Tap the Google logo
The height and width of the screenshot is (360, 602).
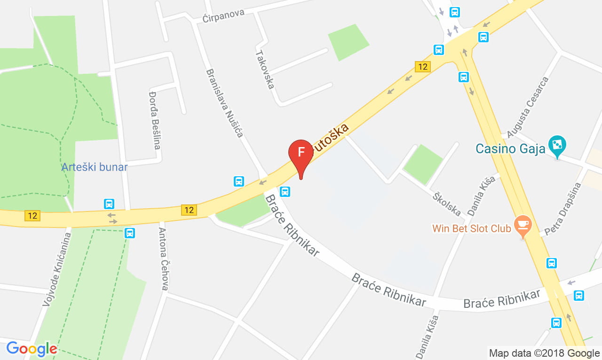click(32, 349)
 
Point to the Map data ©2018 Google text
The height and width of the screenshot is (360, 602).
click(544, 353)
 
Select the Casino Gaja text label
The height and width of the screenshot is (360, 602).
click(510, 149)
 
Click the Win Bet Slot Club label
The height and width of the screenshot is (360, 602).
click(472, 229)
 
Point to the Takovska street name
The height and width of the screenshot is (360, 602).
click(264, 69)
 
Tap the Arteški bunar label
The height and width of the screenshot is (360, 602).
click(95, 167)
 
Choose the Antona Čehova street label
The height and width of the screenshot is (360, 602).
click(163, 258)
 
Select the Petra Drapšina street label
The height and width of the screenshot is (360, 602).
click(563, 209)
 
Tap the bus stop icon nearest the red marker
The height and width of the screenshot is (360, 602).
click(285, 191)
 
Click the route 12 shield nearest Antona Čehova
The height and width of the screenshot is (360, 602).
click(189, 210)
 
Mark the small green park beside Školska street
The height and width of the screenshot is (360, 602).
click(423, 164)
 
